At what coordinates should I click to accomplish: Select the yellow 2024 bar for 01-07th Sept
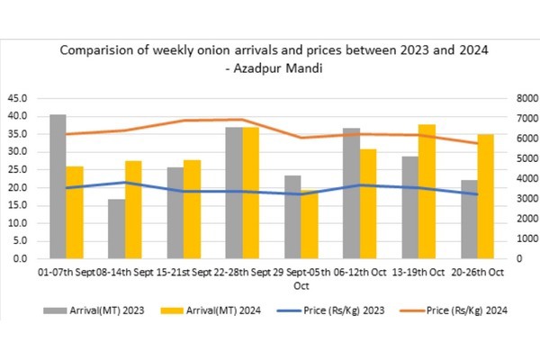[75, 212]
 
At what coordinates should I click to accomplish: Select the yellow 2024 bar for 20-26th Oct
[485, 196]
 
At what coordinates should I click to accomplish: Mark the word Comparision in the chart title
[98, 50]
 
